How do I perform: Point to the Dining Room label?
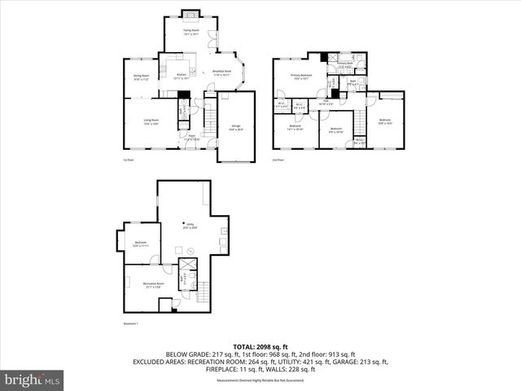point(141,77)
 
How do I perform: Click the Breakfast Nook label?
point(222,72)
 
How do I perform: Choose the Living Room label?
point(151,121)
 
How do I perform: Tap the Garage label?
point(236,127)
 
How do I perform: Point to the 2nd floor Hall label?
point(323,103)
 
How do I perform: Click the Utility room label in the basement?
point(189,226)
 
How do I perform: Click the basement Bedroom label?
point(141,244)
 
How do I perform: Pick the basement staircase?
point(204,292)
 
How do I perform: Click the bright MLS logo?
point(33,380)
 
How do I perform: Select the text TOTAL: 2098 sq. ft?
point(260,347)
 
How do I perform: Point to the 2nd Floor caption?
point(278,160)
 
